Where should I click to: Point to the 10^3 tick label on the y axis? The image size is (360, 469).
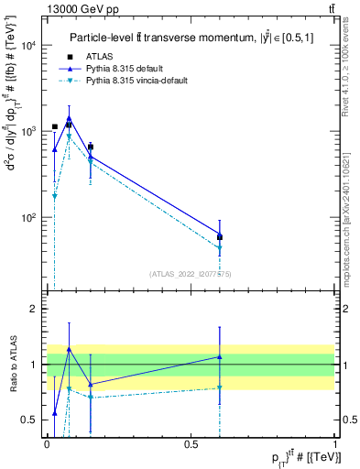[x=29, y=132]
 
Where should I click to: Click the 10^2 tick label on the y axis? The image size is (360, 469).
[x=29, y=218]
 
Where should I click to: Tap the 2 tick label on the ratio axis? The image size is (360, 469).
[x=34, y=310]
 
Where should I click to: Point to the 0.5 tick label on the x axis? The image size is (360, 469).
[x=191, y=443]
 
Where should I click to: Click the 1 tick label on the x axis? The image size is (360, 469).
[x=333, y=443]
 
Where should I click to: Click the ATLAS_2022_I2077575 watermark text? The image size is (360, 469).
[x=190, y=273]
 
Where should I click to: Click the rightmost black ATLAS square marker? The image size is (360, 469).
[x=220, y=237]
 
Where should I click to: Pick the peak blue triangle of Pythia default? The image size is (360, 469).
[x=69, y=117]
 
